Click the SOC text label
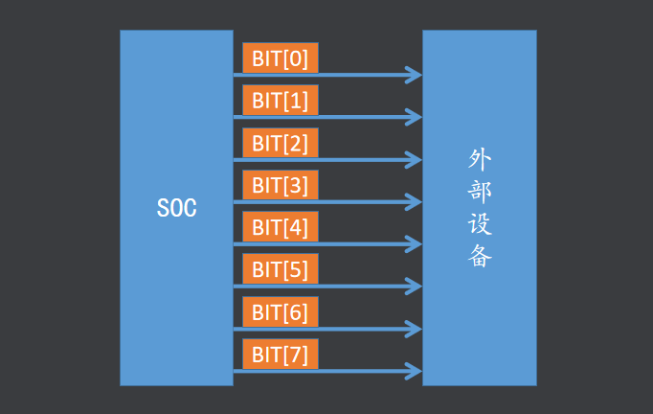click(176, 208)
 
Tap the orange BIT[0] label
click(280, 58)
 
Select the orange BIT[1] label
click(280, 101)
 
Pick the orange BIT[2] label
click(280, 143)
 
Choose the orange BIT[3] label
click(280, 185)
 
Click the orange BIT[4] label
click(280, 227)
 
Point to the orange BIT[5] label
click(280, 269)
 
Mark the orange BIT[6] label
click(280, 311)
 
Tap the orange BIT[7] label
click(280, 354)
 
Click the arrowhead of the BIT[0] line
click(415, 75)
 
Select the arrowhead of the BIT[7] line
click(415, 371)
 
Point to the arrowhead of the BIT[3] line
click(415, 201)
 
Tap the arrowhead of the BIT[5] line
click(415, 287)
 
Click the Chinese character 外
click(480, 158)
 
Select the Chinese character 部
click(480, 191)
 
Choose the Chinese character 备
click(480, 257)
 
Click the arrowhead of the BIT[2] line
click(415, 159)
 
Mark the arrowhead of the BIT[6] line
click(415, 329)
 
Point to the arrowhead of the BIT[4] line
click(415, 244)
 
